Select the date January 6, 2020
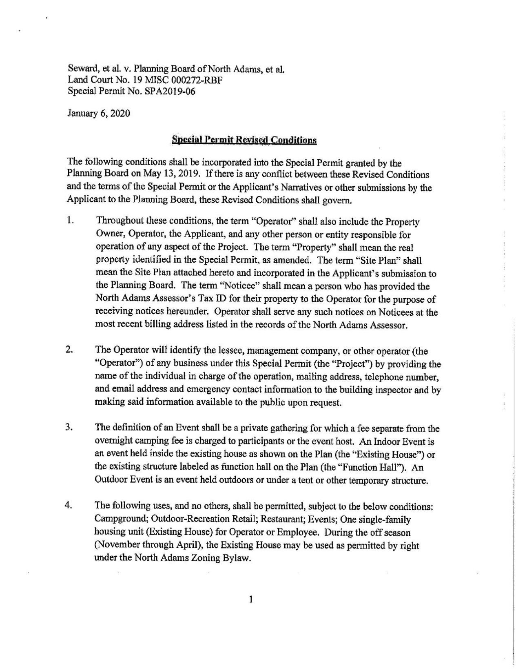tap(98, 113)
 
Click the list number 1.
tap(70, 221)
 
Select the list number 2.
tap(70, 350)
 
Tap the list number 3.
tap(70, 428)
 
